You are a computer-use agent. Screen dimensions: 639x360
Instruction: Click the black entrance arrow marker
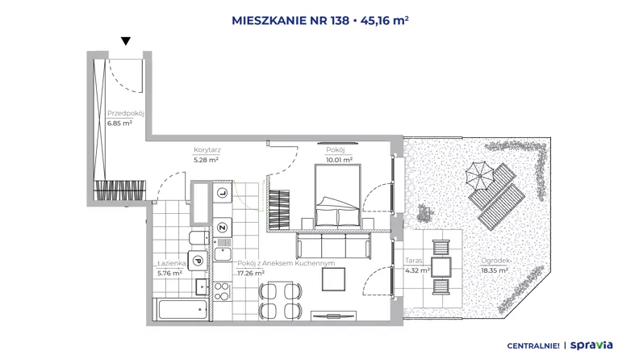pos(126,41)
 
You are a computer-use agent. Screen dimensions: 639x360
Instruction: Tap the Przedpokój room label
pos(126,113)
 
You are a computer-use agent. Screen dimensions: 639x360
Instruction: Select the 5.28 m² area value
pos(207,160)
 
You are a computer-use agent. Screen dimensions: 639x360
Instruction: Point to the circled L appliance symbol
pos(222,193)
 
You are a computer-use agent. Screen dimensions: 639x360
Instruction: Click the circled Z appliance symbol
pos(222,228)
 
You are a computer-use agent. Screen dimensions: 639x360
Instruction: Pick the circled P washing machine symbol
pos(198,261)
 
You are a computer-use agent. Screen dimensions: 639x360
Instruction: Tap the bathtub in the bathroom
pos(182,309)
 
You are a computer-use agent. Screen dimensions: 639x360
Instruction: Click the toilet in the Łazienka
pos(198,237)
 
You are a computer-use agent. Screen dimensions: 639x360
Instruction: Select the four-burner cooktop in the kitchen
pos(222,291)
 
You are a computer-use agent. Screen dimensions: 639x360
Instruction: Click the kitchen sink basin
pos(223,254)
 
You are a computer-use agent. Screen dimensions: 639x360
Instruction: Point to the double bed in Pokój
pos(338,195)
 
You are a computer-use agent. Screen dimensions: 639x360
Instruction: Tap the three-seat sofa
pos(333,246)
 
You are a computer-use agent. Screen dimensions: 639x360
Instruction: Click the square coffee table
pos(333,279)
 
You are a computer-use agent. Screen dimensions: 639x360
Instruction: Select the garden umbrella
pos(480,176)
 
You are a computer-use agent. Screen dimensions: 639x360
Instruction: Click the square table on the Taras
pos(441,267)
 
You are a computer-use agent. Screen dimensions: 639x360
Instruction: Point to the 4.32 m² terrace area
pos(417,270)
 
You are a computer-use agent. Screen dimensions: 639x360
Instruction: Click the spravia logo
pos(591,345)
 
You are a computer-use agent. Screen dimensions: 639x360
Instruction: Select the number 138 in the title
pos(340,20)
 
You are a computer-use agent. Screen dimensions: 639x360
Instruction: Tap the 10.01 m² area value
pos(339,160)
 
